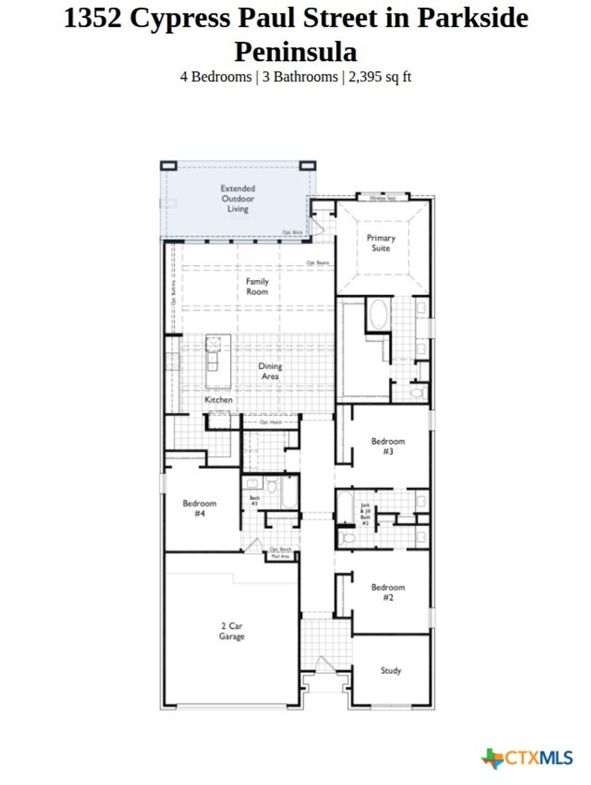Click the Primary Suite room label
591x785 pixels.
[381, 243]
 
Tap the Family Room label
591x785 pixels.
[257, 286]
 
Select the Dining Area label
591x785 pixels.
[270, 371]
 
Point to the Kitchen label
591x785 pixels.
[219, 399]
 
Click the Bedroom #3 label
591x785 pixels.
[388, 446]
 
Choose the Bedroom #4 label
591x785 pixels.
[199, 508]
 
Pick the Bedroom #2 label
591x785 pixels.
[388, 592]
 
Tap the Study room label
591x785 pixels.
[391, 671]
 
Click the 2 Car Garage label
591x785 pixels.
[231, 631]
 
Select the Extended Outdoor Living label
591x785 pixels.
[238, 199]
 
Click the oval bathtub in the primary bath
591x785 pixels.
[379, 315]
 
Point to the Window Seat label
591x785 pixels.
[382, 198]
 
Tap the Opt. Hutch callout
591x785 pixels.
[271, 423]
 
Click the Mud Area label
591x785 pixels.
[280, 556]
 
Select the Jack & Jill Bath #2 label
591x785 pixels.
[365, 514]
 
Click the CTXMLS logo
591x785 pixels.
[528, 758]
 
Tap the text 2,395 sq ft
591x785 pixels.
[380, 77]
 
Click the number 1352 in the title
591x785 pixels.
[92, 18]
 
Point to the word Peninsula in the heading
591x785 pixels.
[295, 51]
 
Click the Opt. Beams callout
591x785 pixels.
[317, 263]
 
